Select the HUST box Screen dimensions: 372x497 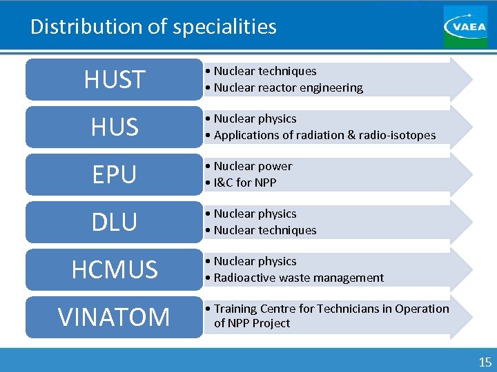(x=114, y=80)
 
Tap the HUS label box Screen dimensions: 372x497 (x=114, y=127)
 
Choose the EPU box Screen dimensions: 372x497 (x=114, y=175)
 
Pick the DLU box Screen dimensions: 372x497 (x=114, y=223)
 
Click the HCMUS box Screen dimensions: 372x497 (x=114, y=270)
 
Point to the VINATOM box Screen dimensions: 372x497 (x=114, y=318)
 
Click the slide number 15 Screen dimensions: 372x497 (x=485, y=362)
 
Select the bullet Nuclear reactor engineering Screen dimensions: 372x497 (x=288, y=87)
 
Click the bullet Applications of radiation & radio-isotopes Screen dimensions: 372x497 (x=324, y=135)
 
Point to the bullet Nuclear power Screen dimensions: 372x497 (x=253, y=166)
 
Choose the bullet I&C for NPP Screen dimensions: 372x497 (x=245, y=183)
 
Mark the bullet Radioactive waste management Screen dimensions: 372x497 (x=298, y=278)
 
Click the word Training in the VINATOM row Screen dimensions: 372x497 (x=236, y=309)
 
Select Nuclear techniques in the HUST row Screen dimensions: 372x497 (x=265, y=71)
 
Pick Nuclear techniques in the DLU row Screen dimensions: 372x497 (x=265, y=230)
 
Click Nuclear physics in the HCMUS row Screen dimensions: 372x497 (x=255, y=261)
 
